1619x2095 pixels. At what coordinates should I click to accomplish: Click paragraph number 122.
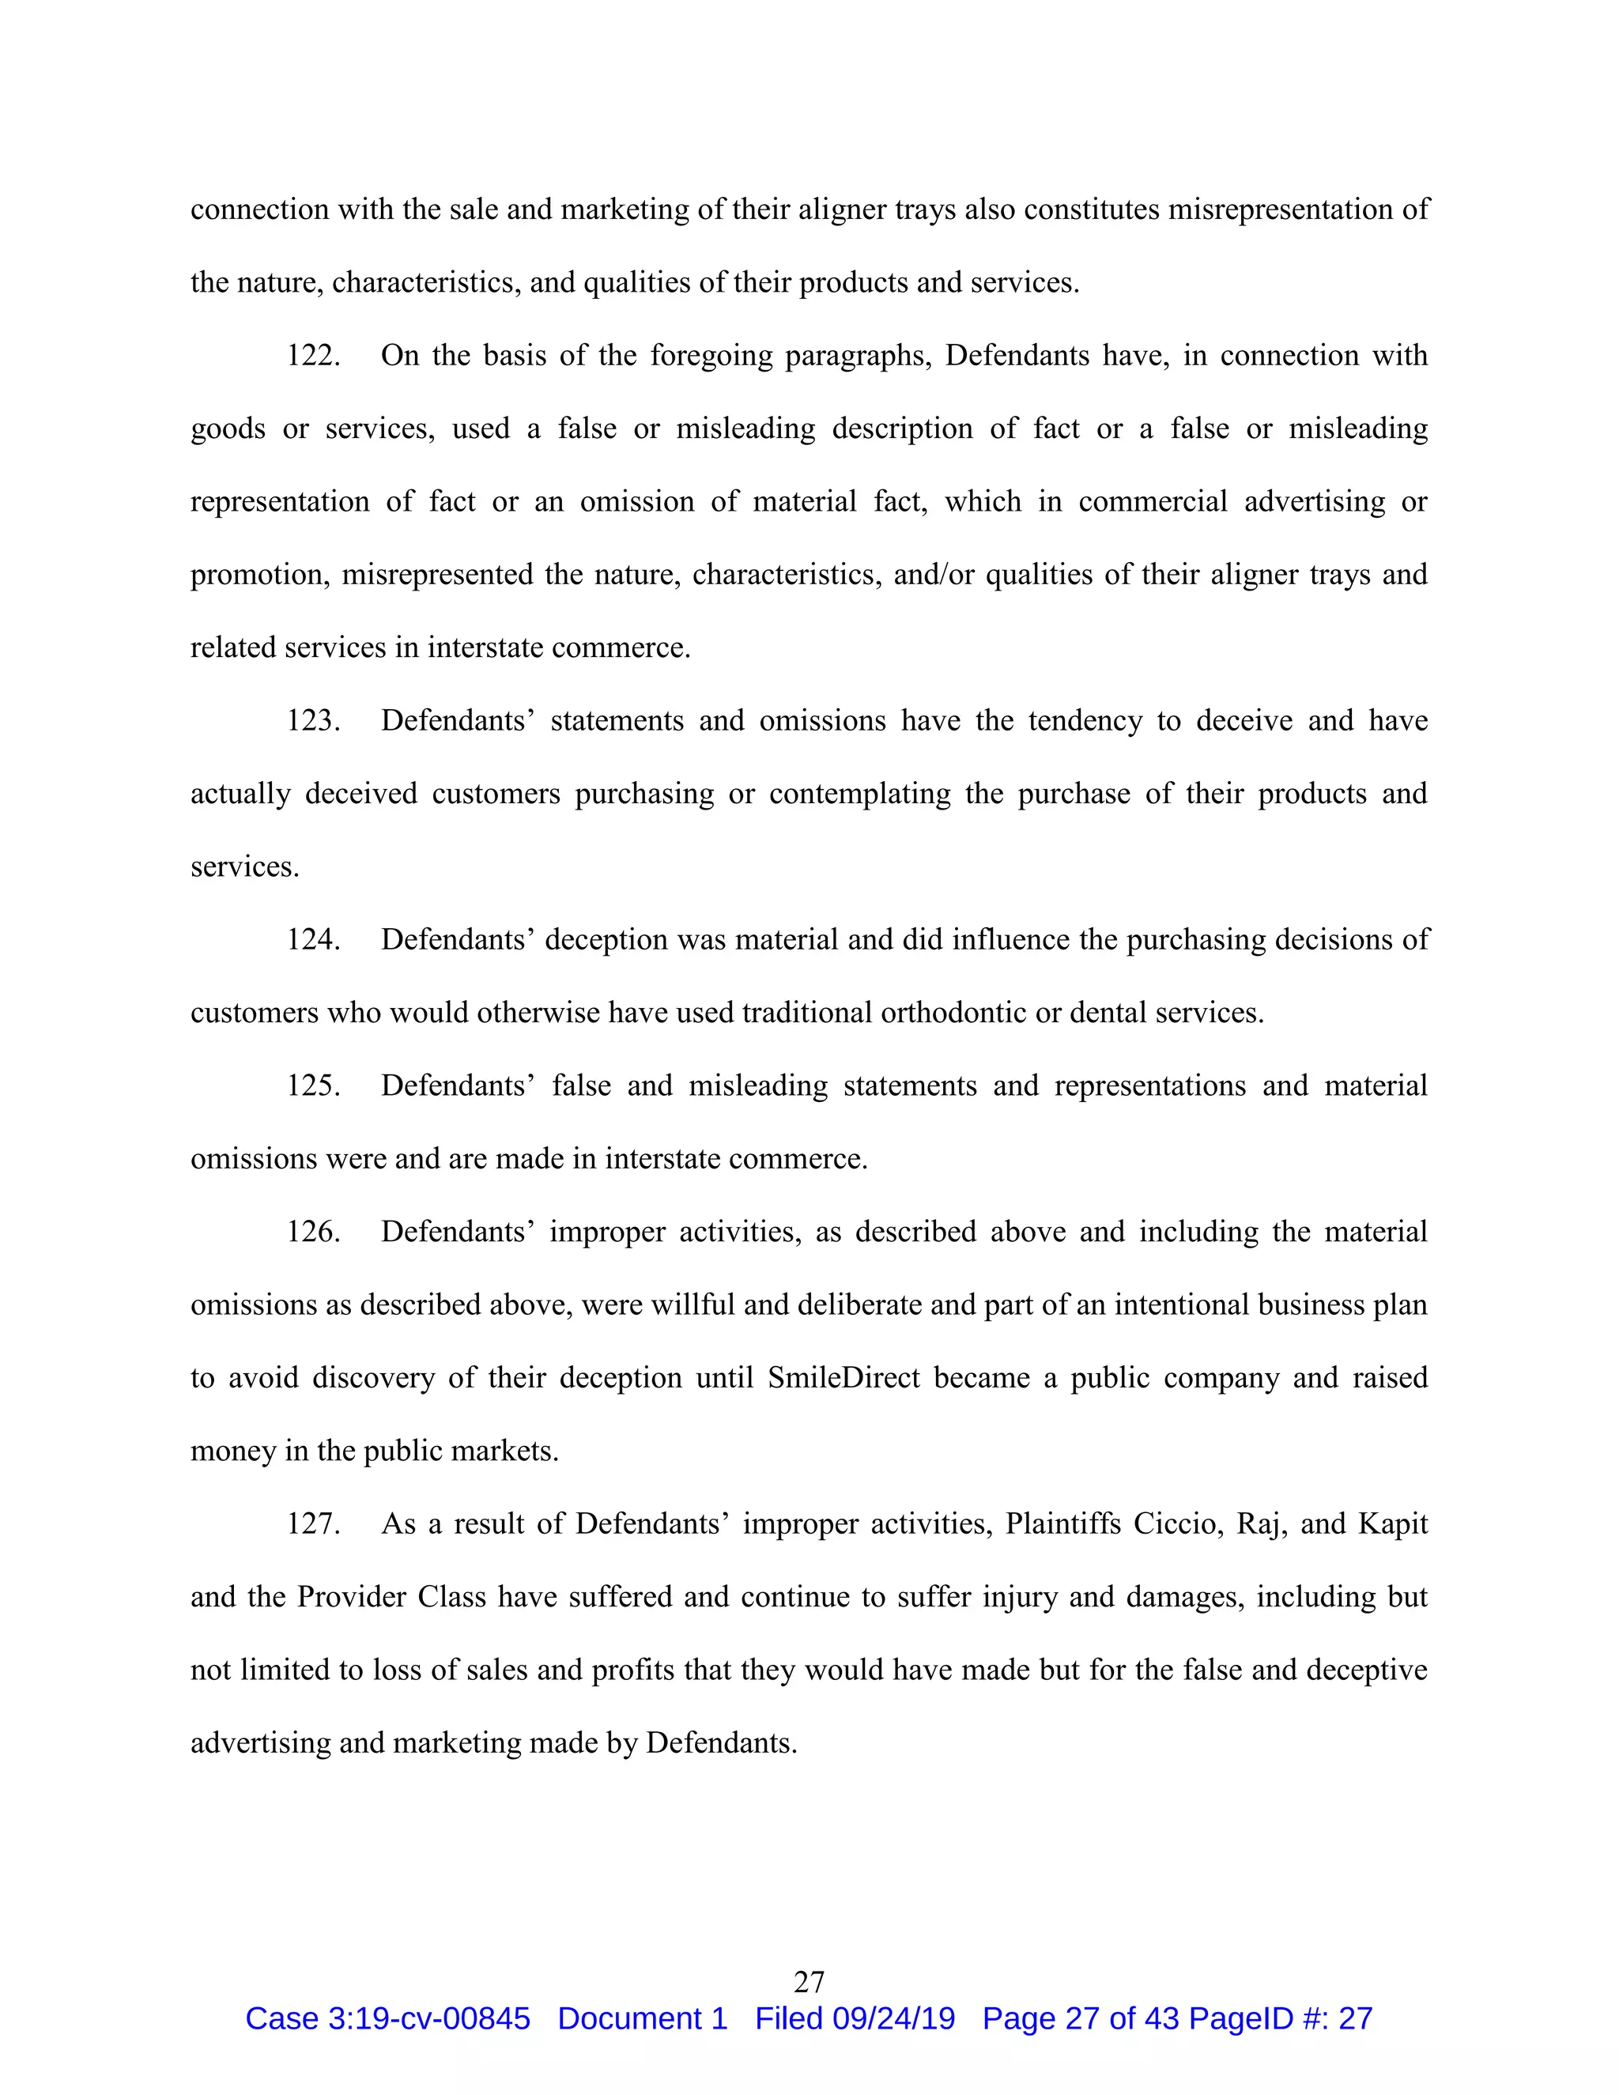click(x=313, y=356)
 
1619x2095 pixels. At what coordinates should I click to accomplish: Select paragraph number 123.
click(x=313, y=720)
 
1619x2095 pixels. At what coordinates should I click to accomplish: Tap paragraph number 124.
click(x=313, y=939)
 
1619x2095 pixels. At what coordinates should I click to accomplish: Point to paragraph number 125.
click(x=313, y=1086)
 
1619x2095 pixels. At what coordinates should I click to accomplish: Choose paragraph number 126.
click(x=313, y=1232)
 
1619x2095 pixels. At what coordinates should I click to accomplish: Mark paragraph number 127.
click(x=313, y=1524)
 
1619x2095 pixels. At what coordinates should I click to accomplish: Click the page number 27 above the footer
click(x=809, y=1982)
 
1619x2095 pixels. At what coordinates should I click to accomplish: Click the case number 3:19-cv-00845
click(x=428, y=2019)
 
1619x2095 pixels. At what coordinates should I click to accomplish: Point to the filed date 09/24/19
click(x=893, y=2019)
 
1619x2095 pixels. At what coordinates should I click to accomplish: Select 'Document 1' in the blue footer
click(x=642, y=2019)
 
